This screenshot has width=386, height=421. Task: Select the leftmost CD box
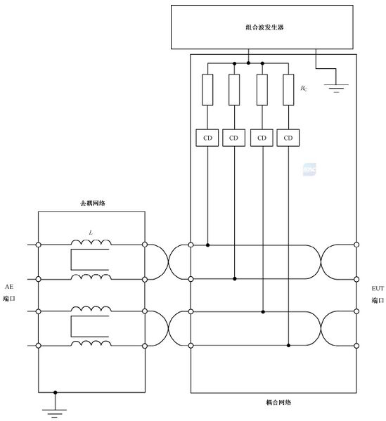click(207, 138)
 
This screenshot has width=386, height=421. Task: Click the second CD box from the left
click(234, 138)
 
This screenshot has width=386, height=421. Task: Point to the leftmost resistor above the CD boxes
click(207, 89)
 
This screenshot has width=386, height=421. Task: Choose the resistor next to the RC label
click(288, 89)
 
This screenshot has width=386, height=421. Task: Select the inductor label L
click(91, 232)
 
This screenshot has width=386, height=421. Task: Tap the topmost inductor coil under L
click(91, 243)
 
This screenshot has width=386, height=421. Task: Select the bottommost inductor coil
click(91, 344)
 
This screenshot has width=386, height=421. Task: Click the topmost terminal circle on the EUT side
click(357, 245)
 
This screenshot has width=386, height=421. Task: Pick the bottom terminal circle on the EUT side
click(357, 345)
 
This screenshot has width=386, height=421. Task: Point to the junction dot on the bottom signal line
click(289, 345)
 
